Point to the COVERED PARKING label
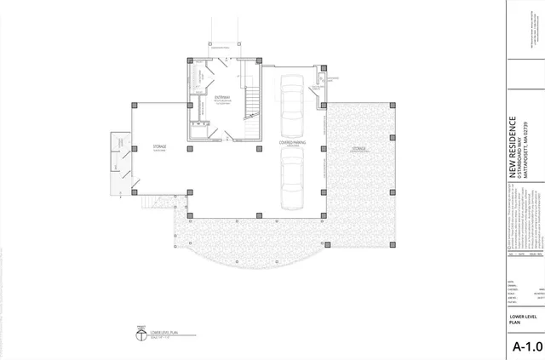[x=292, y=143]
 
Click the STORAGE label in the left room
[x=159, y=147]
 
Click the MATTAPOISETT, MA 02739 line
[x=527, y=140]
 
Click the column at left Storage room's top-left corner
[x=135, y=105]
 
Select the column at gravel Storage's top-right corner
[x=393, y=105]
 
